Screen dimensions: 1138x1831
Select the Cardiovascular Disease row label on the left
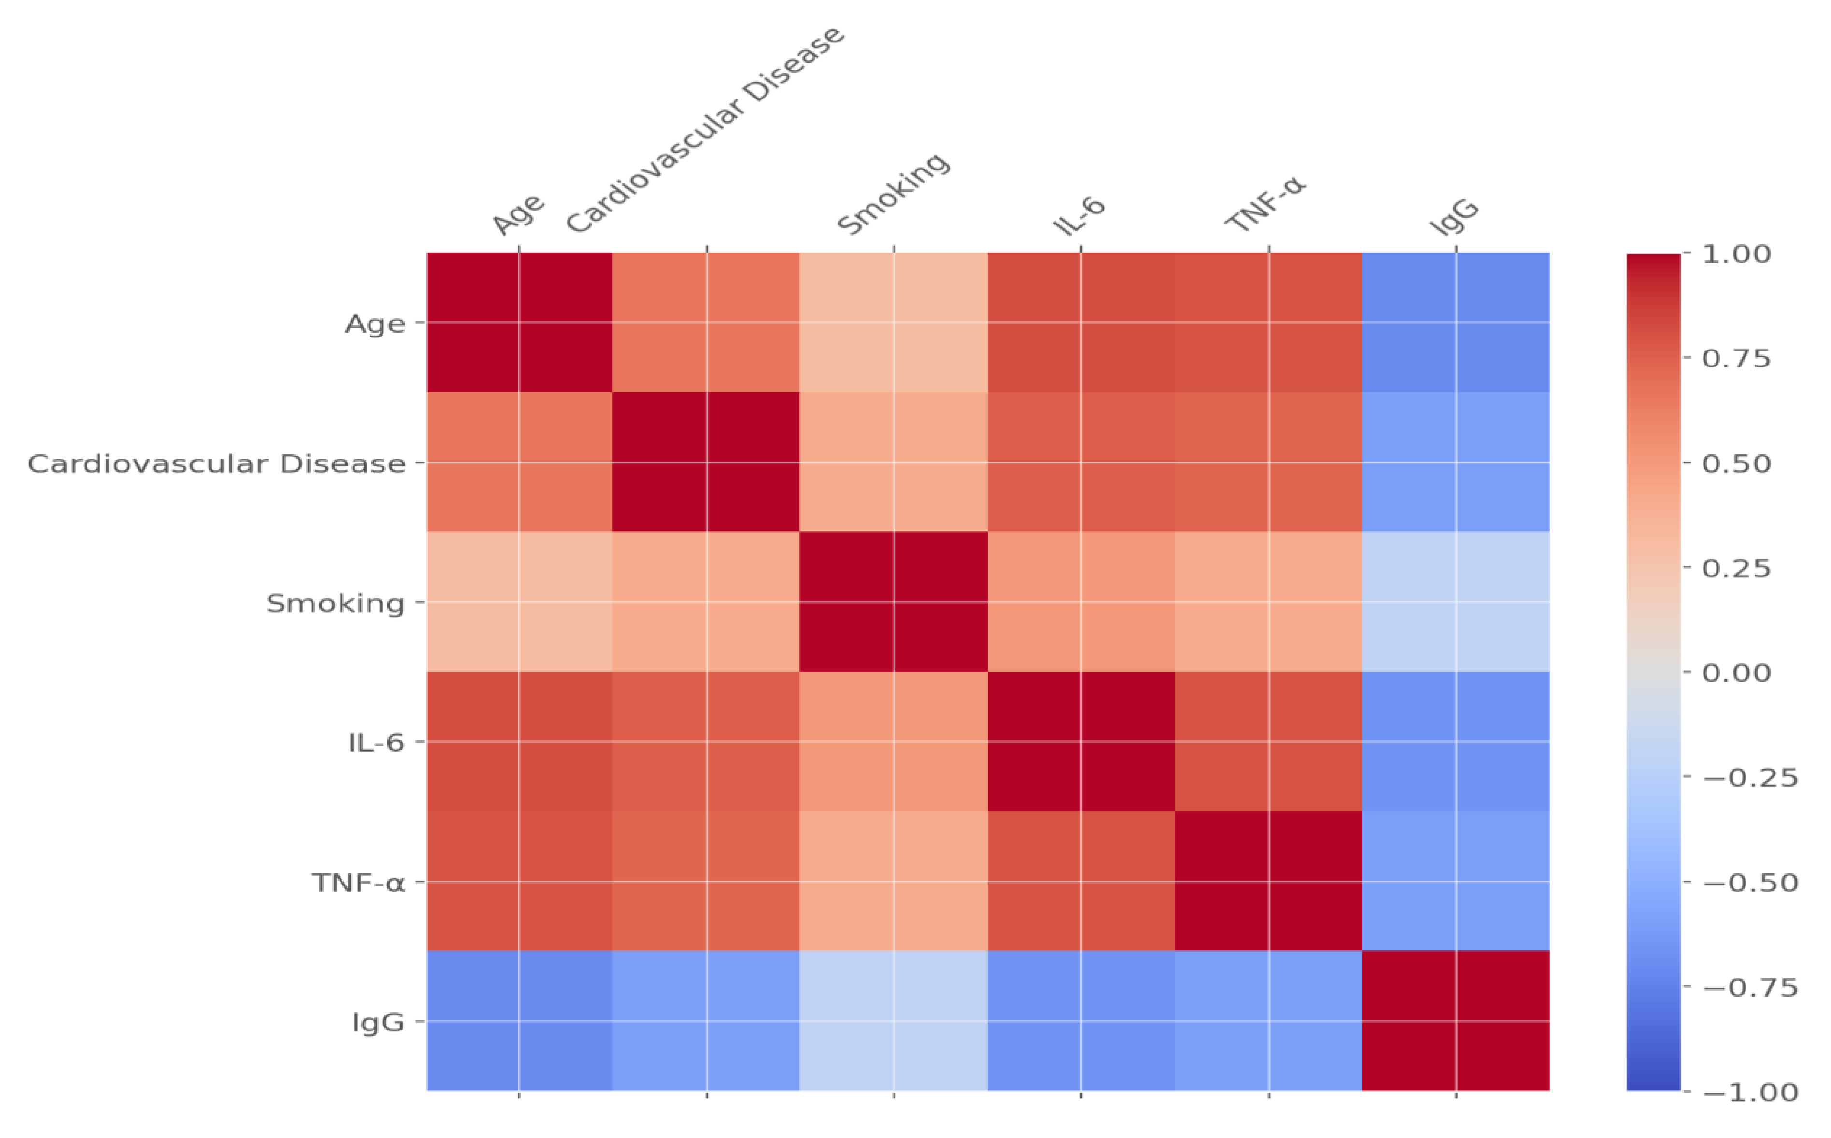217,464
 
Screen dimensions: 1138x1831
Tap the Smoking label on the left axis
336,604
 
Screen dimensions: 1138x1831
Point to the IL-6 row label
376,744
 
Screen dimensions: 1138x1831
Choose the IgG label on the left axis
379,1023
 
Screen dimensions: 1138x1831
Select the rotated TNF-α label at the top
1265,206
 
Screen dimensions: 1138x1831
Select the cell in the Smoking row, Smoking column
893,602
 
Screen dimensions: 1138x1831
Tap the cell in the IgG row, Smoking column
893,1021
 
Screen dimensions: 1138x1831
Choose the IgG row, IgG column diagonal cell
1455,1021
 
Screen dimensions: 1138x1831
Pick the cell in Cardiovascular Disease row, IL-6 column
1080,462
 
